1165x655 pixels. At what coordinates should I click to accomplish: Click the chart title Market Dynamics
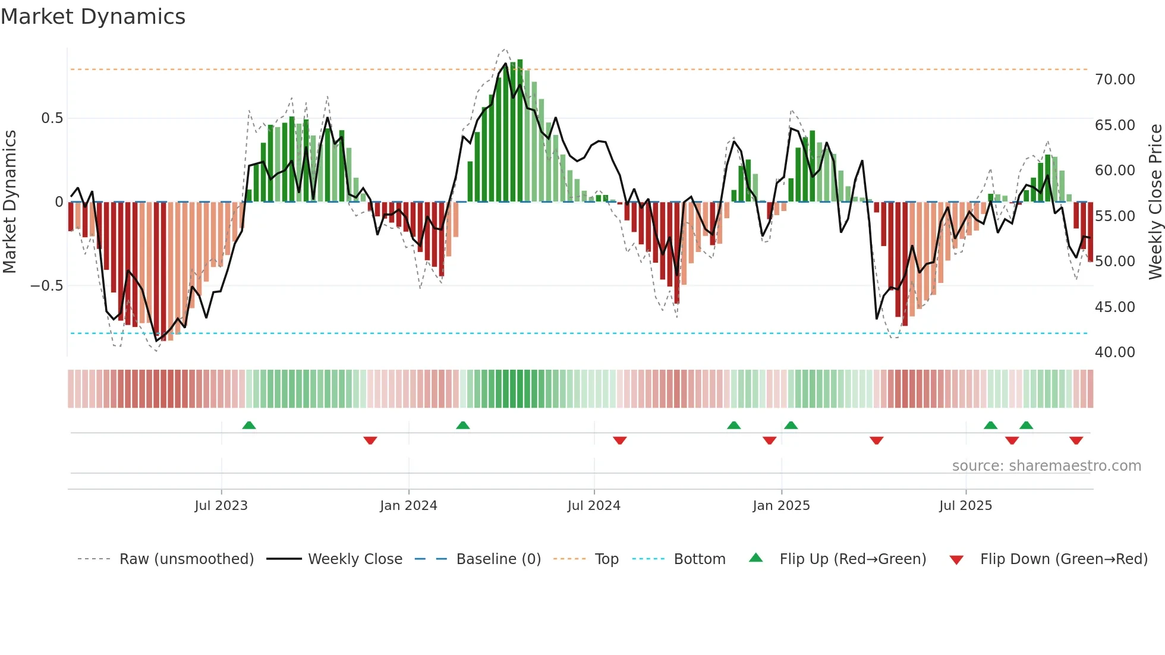93,17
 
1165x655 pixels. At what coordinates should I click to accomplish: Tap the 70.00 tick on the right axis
1114,80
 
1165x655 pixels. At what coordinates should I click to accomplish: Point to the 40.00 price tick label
1114,352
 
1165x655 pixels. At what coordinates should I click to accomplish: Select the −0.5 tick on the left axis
46,286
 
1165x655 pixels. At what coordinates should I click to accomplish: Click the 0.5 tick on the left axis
52,118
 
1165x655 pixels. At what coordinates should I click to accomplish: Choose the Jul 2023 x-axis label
221,506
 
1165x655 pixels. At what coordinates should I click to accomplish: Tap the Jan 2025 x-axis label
781,506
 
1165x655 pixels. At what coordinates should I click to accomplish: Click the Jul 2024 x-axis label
594,506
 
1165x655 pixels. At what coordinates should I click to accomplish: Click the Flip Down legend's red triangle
956,560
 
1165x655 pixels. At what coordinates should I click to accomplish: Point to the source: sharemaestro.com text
1046,466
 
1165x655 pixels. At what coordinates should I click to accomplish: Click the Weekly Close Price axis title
1155,201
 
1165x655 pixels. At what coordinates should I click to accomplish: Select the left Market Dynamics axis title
10,201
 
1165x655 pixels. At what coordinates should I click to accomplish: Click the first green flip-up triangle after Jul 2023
249,425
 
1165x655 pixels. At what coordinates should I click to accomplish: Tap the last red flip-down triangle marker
1076,440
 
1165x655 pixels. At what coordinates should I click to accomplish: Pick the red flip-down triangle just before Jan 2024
370,440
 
